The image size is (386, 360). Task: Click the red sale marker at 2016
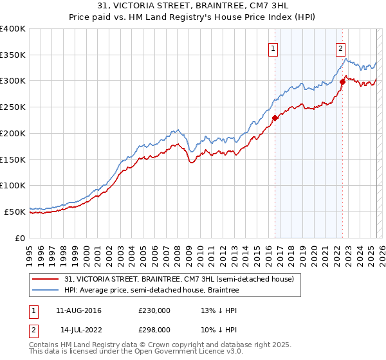[x=275, y=118]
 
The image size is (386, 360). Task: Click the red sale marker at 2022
[x=342, y=82]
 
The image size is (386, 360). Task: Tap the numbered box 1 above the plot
[x=273, y=48]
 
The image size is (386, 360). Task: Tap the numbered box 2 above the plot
[x=340, y=48]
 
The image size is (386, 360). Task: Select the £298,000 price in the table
[x=154, y=329]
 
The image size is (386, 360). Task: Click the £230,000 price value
[x=154, y=310]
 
